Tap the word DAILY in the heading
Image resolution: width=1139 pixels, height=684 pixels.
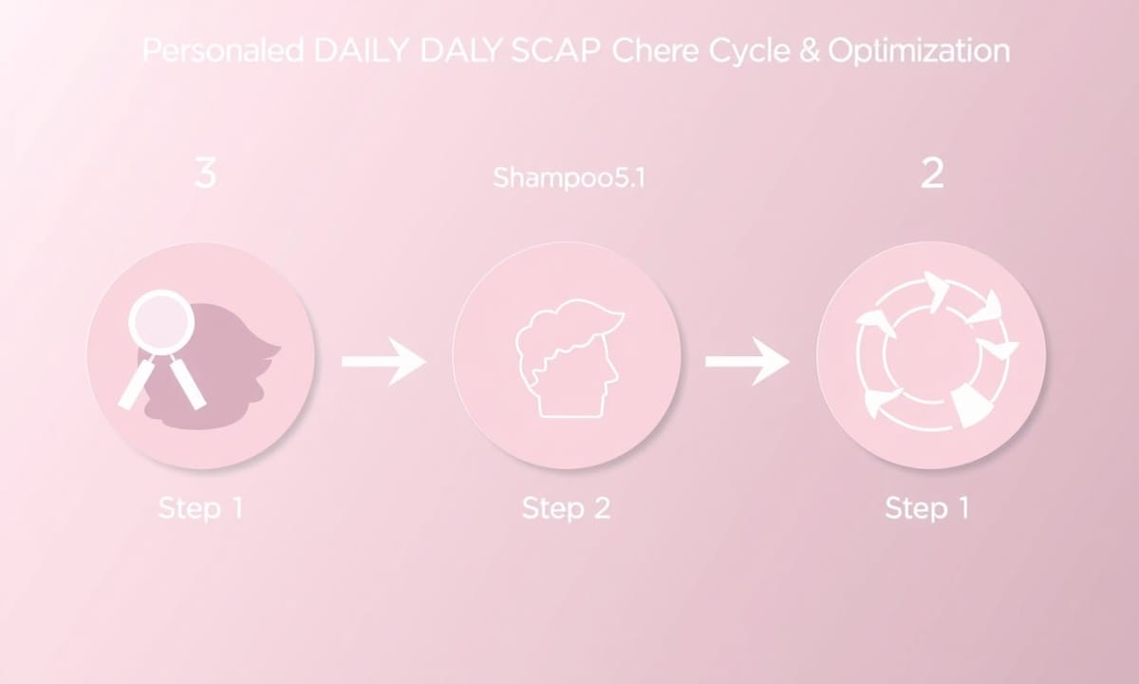click(361, 50)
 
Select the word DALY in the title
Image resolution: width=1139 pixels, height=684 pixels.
click(460, 50)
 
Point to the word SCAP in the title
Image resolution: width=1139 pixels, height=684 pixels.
click(555, 50)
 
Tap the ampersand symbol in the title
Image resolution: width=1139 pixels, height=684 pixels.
click(810, 50)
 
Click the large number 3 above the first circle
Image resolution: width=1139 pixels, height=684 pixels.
click(205, 174)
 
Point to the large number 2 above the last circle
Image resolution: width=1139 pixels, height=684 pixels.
click(932, 174)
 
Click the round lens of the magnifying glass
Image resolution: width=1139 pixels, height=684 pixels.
click(161, 322)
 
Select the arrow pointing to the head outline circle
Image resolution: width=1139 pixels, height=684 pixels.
click(383, 361)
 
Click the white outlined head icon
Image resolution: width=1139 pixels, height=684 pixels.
click(570, 358)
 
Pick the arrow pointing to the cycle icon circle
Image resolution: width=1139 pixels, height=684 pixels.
click(748, 361)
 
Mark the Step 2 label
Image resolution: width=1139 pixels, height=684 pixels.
click(566, 508)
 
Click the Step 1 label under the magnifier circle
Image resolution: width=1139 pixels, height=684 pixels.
click(201, 508)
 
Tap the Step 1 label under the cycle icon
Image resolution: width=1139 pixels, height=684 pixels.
click(927, 508)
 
